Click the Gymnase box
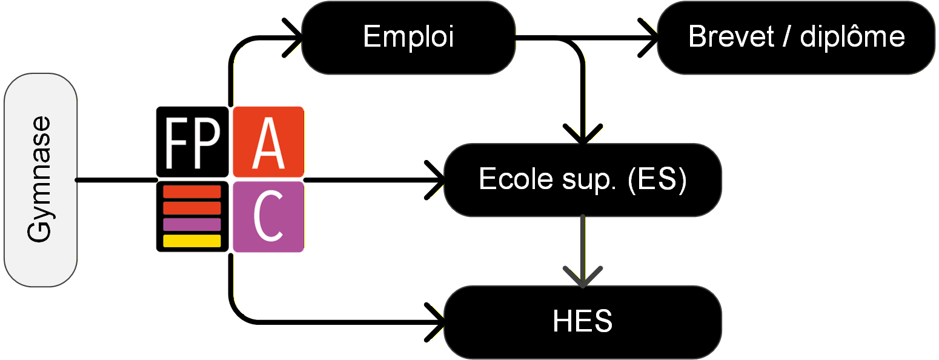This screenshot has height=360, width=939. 41,180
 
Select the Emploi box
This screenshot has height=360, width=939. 408,38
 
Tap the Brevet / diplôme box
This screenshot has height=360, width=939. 796,38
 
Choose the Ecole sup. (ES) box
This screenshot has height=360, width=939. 582,179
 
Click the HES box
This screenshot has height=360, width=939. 582,321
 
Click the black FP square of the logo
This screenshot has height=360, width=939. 192,139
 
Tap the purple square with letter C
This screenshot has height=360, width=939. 268,216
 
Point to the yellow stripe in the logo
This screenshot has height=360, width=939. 192,241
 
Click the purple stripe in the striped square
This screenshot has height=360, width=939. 192,224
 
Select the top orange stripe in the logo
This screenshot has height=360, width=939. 192,193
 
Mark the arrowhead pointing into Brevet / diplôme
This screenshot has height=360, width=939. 651,38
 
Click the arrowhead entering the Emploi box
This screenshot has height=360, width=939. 295,38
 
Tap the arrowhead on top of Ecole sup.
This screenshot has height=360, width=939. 582,136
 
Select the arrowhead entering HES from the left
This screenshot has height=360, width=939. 437,321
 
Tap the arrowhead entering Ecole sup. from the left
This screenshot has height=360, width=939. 437,179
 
